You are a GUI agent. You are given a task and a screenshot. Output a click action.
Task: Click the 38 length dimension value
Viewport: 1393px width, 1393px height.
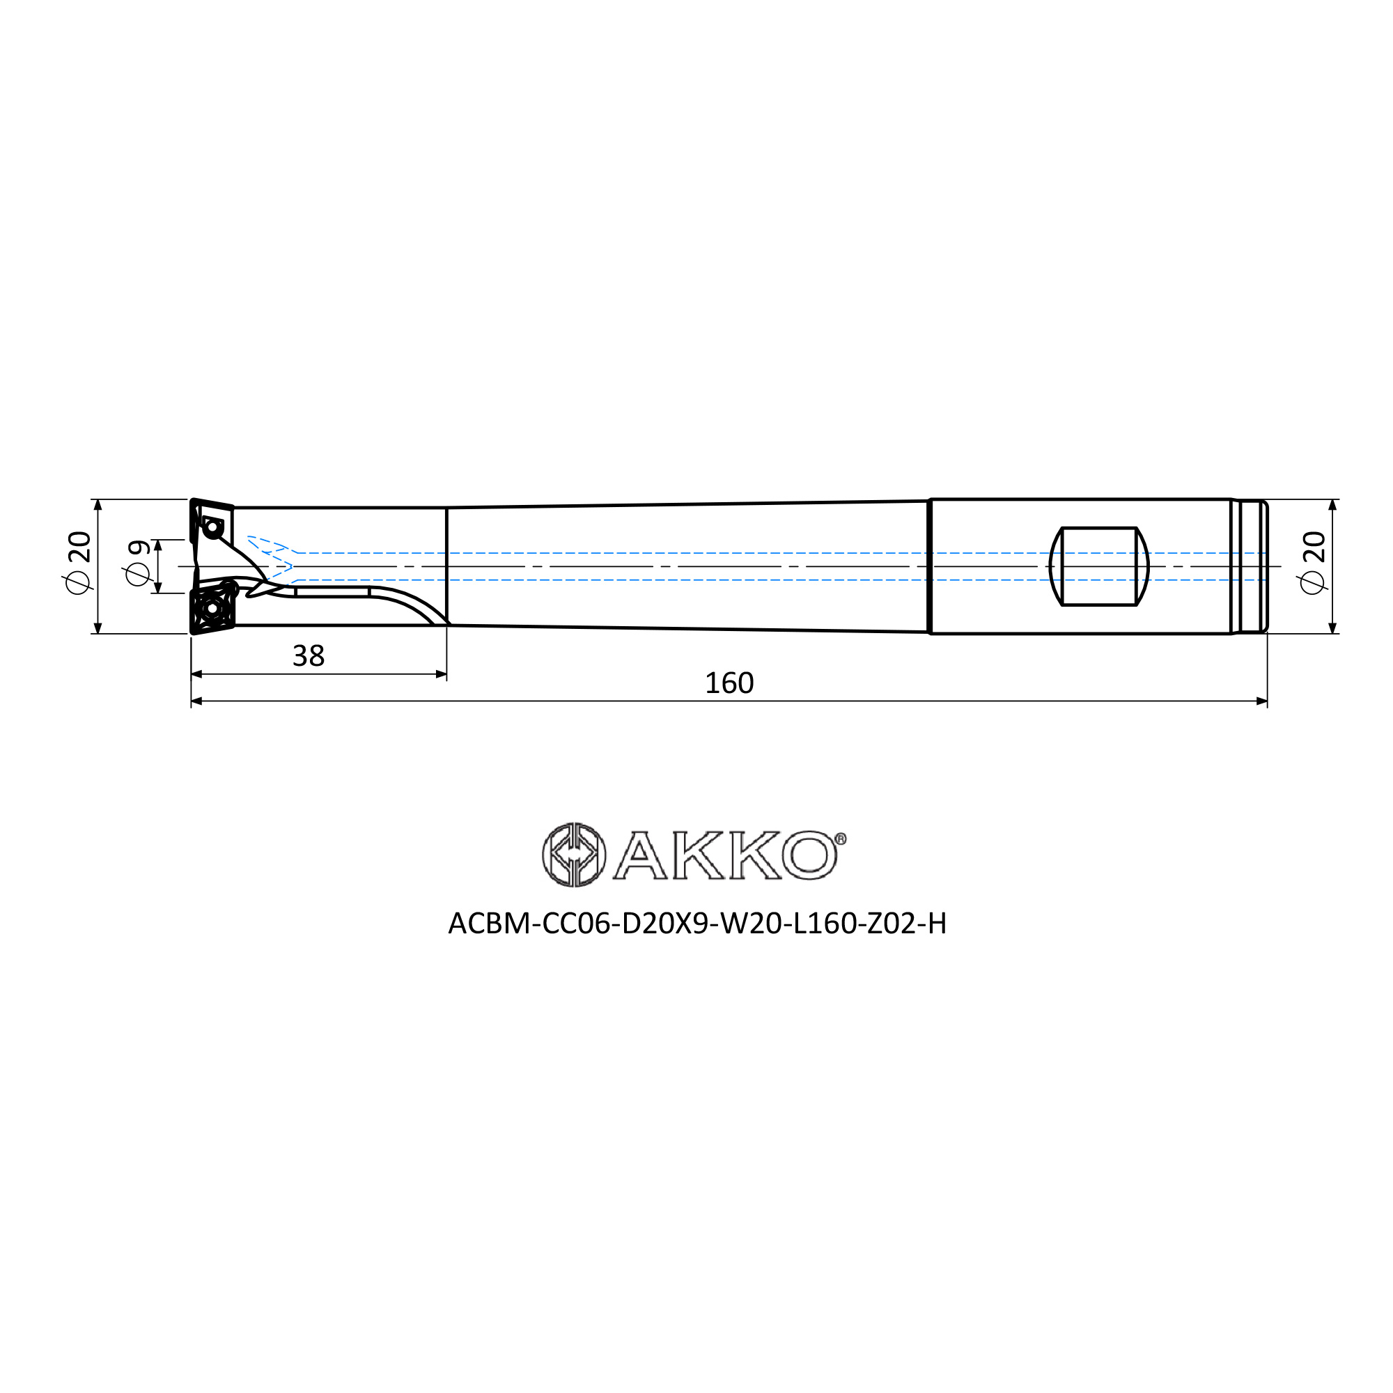[x=308, y=656]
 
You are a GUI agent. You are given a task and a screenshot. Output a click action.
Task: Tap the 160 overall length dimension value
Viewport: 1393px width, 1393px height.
[x=729, y=683]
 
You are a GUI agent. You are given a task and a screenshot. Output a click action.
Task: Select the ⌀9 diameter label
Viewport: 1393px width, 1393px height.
[x=138, y=563]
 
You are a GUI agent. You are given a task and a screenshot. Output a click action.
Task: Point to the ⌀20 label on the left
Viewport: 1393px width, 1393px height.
[x=79, y=562]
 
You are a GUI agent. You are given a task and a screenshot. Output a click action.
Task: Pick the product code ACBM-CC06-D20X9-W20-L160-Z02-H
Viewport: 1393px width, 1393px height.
[x=696, y=924]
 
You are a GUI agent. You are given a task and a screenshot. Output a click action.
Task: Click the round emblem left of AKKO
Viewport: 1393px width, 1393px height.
[x=574, y=855]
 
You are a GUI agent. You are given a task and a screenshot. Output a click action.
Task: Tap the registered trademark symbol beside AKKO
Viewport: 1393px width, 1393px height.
[x=841, y=839]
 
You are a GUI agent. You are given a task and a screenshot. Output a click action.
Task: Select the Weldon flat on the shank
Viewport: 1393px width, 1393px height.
[x=1099, y=567]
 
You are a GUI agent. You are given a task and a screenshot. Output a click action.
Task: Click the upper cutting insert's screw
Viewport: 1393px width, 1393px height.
[x=212, y=529]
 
